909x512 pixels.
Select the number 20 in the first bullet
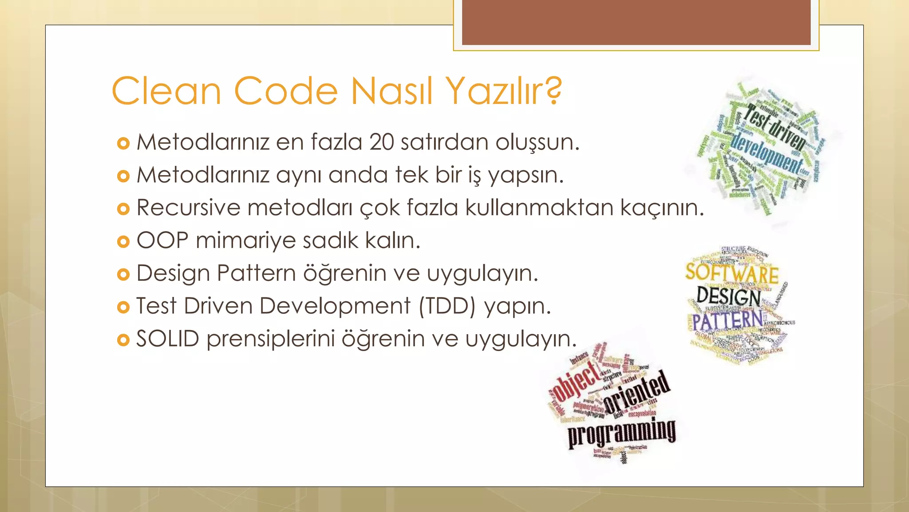[x=382, y=142]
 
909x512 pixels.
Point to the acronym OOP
[x=162, y=240]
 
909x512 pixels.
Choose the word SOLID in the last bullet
[x=168, y=339]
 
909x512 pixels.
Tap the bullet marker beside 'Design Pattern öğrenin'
[x=123, y=274]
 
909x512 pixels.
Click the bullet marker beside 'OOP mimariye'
[x=123, y=241]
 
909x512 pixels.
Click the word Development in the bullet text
[x=335, y=306]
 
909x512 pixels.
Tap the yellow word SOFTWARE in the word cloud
[x=731, y=273]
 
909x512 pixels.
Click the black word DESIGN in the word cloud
[x=728, y=296]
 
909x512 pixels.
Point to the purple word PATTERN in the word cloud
[x=727, y=321]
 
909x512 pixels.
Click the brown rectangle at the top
[x=636, y=22]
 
